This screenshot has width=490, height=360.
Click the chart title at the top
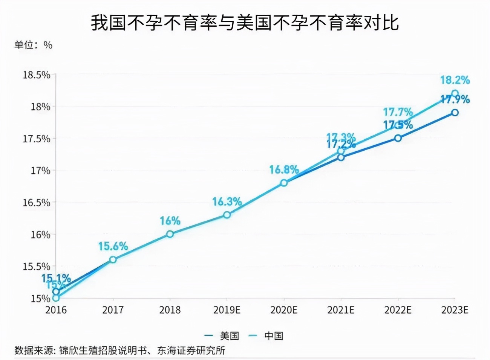pos(245,23)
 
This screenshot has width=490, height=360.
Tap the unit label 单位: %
pos(33,45)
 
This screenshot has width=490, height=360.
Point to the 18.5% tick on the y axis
pos(37,75)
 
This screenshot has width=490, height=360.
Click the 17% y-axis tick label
pos(40,171)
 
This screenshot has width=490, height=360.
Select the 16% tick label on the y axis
pos(40,235)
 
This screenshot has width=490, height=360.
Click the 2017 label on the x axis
pos(113,310)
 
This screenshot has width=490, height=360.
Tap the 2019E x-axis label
pos(227,310)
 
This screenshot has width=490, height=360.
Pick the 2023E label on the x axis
pos(455,310)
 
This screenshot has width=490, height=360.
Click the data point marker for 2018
pos(170,234)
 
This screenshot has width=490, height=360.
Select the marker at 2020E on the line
pos(284,183)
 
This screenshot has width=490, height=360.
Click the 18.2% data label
pos(455,80)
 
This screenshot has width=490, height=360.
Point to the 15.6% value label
pos(113,246)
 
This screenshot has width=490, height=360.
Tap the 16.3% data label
pos(227,202)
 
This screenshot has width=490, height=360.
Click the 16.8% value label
pos(284,170)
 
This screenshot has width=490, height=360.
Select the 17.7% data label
pos(398,112)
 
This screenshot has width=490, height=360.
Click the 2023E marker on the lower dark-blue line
pos(455,113)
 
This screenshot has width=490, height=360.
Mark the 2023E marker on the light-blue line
pos(455,93)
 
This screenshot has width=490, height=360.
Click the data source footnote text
pos(120,351)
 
